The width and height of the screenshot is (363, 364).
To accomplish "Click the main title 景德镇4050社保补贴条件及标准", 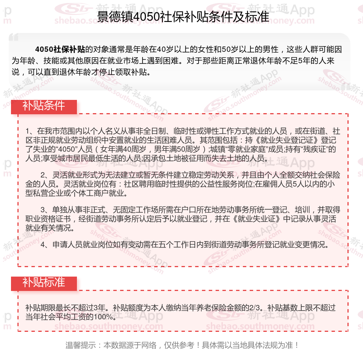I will (183, 17).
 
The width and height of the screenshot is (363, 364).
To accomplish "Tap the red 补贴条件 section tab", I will (44, 106).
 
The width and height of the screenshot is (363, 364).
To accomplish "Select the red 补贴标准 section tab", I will (44, 283).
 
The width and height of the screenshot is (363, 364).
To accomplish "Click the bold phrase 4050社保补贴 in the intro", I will (60, 49).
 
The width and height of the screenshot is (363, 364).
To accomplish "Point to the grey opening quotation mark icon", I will (14, 37).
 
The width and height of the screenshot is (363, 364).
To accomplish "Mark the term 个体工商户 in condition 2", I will (103, 193).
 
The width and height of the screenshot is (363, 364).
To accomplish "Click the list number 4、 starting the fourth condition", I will (45, 244).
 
